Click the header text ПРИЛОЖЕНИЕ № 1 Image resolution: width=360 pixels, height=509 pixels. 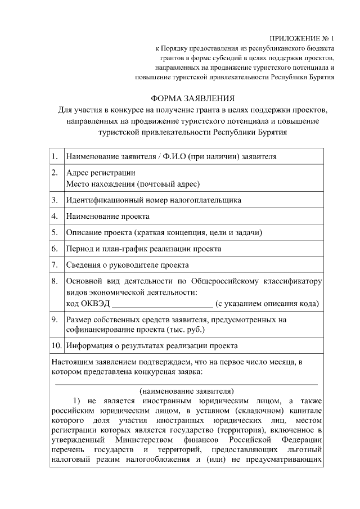coord(301,39)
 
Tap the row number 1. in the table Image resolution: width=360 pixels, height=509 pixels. coord(55,156)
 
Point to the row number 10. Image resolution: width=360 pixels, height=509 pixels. coord(56,345)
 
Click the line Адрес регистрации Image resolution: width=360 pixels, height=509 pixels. coord(101,173)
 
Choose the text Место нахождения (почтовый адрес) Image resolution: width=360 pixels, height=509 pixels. coord(133,183)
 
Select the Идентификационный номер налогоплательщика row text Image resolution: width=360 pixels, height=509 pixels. coord(154,200)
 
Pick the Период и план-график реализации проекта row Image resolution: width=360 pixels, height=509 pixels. coord(143,248)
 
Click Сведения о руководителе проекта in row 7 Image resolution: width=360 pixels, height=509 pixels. coord(127,264)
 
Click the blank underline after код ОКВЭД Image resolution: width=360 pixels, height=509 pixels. coord(163,304)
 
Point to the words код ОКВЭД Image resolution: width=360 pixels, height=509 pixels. coord(88,304)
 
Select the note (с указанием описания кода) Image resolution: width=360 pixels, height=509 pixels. coord(267,304)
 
